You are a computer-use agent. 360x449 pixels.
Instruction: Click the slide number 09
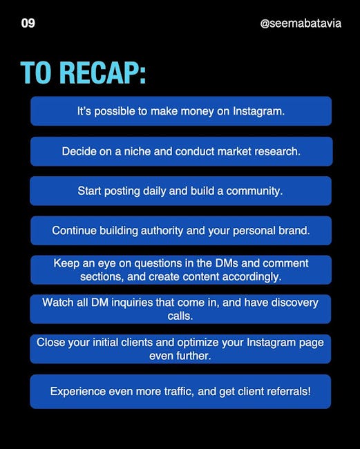[28, 23]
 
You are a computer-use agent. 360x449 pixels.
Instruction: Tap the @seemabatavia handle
[301, 23]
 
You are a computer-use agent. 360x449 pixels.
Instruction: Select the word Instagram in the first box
[258, 111]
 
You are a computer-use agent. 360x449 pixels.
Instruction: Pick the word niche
[138, 151]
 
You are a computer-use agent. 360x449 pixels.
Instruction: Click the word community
[254, 191]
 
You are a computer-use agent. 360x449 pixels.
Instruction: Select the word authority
[162, 231]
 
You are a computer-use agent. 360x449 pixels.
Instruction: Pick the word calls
[180, 316]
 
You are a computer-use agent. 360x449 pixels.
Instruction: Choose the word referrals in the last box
[289, 391]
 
